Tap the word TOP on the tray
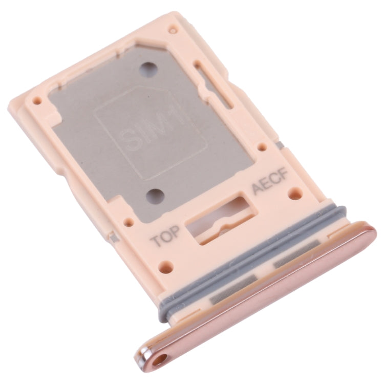165,239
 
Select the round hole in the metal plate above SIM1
150,68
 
